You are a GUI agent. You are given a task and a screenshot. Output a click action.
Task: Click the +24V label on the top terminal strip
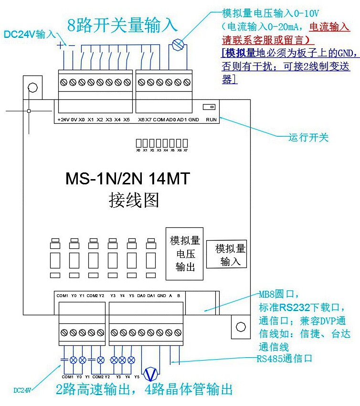(63, 119)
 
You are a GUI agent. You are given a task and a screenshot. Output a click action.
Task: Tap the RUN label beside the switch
(211, 119)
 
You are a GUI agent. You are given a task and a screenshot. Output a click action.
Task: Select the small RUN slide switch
(209, 107)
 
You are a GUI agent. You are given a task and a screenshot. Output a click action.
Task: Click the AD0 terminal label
(171, 119)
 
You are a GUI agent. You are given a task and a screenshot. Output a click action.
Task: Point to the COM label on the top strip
(159, 119)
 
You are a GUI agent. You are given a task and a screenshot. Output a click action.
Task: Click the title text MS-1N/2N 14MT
(127, 179)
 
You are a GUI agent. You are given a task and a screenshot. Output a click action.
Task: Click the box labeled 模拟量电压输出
(185, 253)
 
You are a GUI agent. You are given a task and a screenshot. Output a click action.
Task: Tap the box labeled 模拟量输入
(226, 254)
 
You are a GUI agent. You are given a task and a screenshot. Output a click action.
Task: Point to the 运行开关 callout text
(309, 138)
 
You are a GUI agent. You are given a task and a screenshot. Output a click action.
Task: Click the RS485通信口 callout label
(284, 358)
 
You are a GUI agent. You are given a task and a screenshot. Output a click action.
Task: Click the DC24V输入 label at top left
(30, 34)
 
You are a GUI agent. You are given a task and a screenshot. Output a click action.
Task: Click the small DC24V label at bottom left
(22, 390)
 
